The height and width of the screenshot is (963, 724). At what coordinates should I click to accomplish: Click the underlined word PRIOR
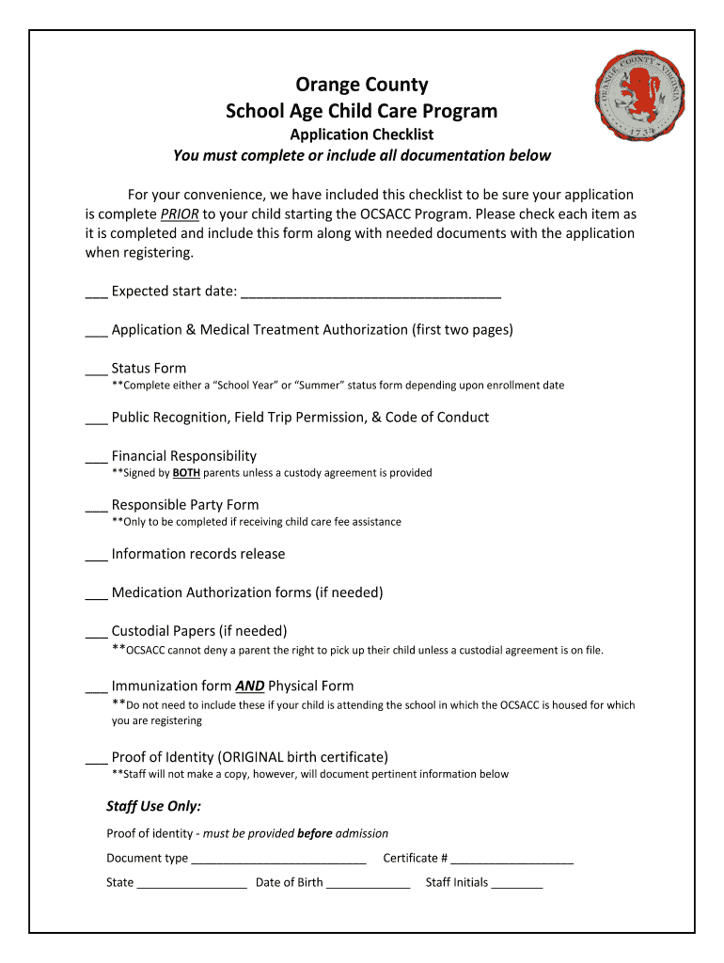click(x=179, y=213)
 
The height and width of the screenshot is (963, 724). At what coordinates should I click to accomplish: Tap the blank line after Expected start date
click(x=370, y=293)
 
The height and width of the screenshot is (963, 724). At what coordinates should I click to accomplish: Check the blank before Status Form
click(x=96, y=371)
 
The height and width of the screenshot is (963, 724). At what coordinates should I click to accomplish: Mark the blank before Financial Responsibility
click(x=96, y=458)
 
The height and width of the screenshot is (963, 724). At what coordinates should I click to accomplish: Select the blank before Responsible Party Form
click(x=96, y=507)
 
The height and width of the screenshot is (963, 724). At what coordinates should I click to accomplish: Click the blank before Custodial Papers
click(x=96, y=633)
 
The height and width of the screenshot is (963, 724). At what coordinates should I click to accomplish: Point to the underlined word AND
click(x=249, y=687)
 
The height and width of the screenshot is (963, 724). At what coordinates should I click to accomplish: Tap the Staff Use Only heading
click(x=153, y=806)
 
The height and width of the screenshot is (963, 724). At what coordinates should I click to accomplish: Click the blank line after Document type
click(x=278, y=860)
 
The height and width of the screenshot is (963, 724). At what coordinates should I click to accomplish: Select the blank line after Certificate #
click(x=512, y=860)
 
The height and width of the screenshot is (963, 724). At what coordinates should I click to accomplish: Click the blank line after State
click(x=192, y=884)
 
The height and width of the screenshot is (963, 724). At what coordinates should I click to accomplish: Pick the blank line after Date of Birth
click(x=368, y=884)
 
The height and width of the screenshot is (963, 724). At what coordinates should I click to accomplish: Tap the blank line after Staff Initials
click(x=517, y=884)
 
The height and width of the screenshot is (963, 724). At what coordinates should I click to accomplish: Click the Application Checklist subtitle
click(x=361, y=134)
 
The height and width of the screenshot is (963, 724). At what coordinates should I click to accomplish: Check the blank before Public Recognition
click(x=96, y=419)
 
